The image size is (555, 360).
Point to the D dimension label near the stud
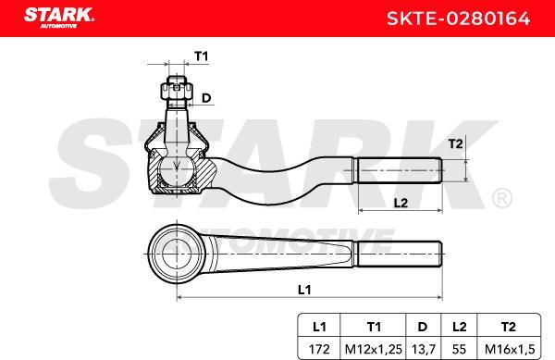coord(206,97)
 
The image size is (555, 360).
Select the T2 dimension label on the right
coord(453,143)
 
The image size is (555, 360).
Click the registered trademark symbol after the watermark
coord(501,198)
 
